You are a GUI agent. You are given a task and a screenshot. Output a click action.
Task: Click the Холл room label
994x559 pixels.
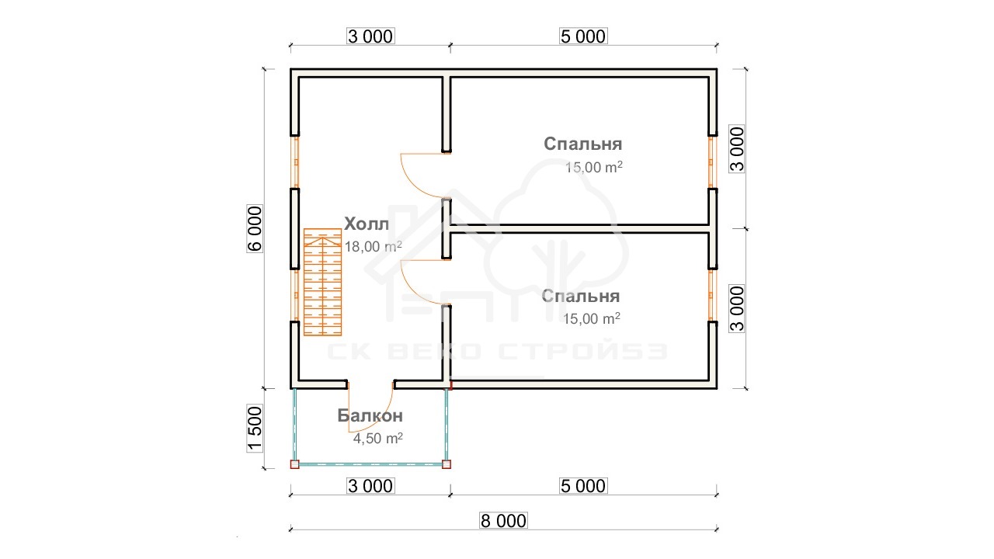(x=367, y=224)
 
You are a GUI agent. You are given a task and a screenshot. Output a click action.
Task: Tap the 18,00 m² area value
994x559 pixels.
(x=374, y=246)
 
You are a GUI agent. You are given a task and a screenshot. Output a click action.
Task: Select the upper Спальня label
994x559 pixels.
(x=582, y=144)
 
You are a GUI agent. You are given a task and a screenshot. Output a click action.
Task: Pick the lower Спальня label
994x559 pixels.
(x=580, y=296)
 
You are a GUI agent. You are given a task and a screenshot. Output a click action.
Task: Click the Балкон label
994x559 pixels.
(x=370, y=415)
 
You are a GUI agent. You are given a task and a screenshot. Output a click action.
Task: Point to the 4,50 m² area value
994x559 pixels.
(x=377, y=439)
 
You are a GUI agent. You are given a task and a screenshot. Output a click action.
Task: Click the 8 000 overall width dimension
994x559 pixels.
(x=504, y=521)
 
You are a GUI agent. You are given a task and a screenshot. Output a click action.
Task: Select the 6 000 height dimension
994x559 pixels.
(x=255, y=228)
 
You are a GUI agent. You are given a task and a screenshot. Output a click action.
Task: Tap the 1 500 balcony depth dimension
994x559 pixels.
(x=255, y=428)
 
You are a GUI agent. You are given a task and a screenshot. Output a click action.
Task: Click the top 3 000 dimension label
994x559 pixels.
(x=370, y=36)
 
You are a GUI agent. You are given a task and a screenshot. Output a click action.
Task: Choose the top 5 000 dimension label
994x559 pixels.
(x=583, y=36)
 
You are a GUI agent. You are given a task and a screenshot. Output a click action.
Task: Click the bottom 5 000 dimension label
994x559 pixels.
(x=583, y=486)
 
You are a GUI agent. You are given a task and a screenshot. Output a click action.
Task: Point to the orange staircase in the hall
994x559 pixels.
(x=322, y=282)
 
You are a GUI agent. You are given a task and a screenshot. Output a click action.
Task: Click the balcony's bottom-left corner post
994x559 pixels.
(x=294, y=464)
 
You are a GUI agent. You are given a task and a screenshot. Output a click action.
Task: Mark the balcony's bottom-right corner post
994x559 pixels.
(x=447, y=464)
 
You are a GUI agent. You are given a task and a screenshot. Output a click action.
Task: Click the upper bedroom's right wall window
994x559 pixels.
(x=712, y=162)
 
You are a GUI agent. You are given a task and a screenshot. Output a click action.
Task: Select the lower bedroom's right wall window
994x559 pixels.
(x=712, y=295)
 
